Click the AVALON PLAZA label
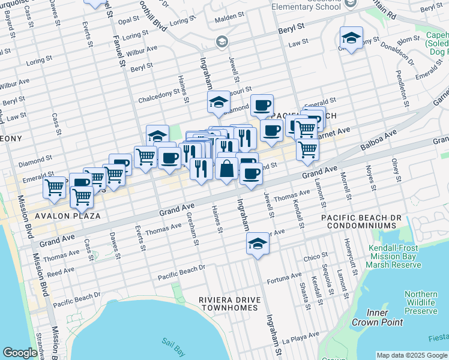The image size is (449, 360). [67, 215]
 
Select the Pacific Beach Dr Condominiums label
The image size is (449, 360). [359, 221]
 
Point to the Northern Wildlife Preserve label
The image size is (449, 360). [420, 302]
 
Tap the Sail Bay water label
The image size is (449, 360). [171, 343]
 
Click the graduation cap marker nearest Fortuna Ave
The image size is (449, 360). [258, 244]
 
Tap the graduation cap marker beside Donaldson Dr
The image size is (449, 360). [351, 38]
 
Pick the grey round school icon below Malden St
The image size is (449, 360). [221, 41]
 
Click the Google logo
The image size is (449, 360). [20, 353]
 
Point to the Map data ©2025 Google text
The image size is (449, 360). [412, 355]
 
